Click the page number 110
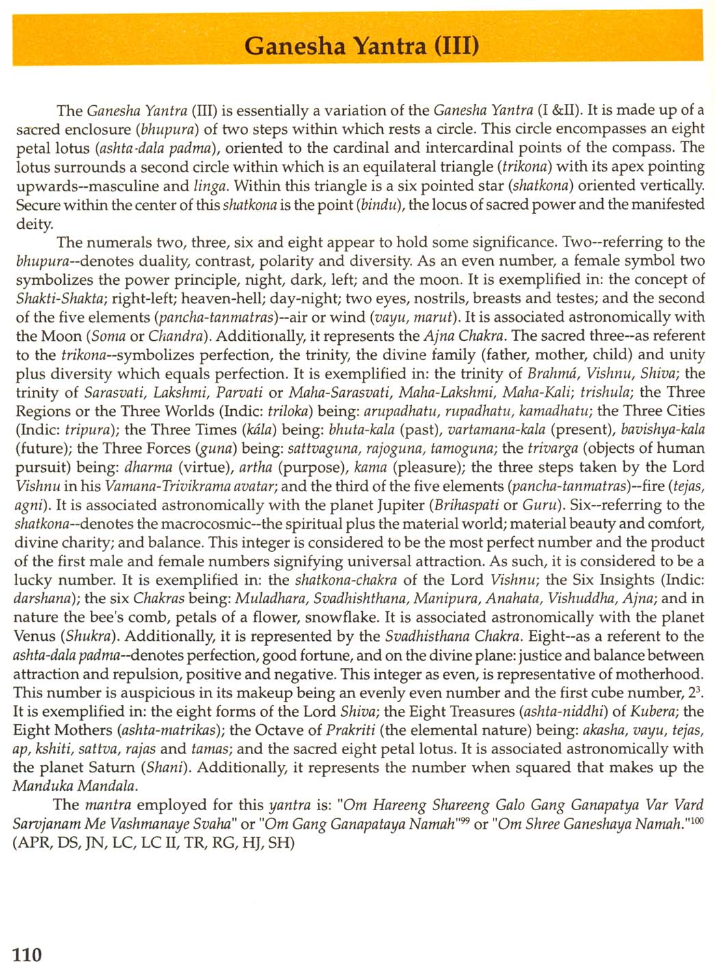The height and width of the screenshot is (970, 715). tap(27, 954)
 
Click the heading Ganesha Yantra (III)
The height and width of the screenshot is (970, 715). tap(362, 46)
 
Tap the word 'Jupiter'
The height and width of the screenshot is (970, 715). tap(389, 505)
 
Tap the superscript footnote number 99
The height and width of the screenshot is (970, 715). tap(463, 820)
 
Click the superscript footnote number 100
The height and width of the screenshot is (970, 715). tap(696, 820)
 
